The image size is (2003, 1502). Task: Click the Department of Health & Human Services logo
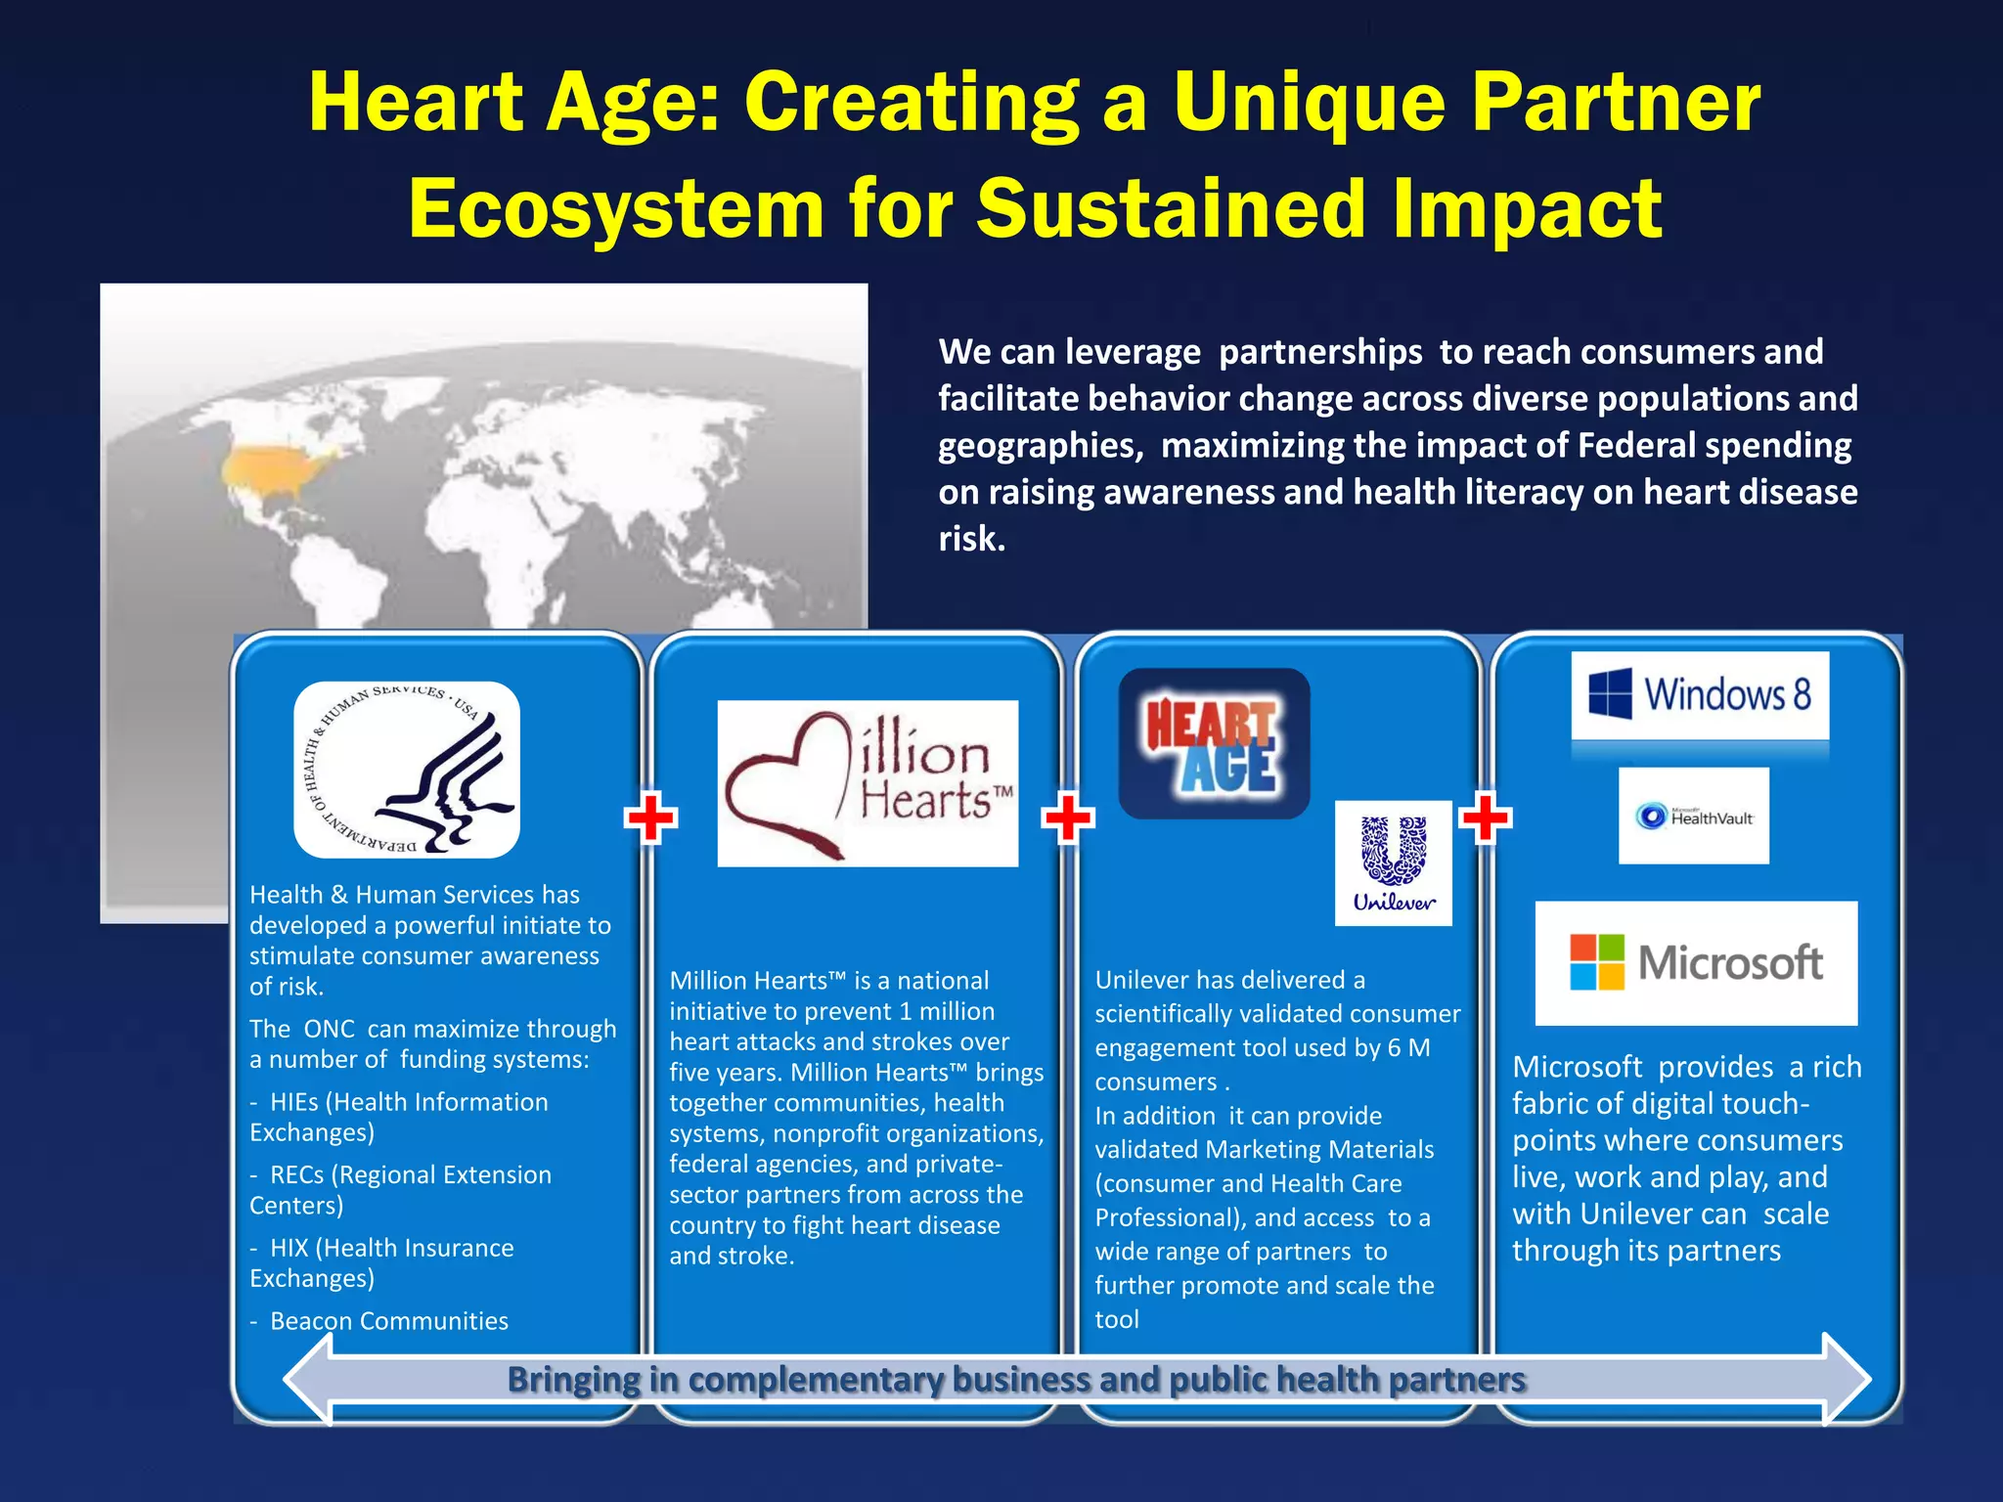coord(407,770)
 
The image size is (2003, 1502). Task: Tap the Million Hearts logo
coord(868,783)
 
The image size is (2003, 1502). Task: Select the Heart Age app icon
coord(1214,744)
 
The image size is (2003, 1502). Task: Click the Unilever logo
coord(1393,862)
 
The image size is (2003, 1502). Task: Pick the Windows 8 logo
coord(1700,695)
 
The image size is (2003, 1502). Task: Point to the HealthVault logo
coord(1693,816)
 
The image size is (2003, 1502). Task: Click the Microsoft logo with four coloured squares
coord(1696,963)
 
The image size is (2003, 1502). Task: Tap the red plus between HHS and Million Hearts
coord(650,817)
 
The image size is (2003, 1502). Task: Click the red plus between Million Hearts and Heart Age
coord(1068,817)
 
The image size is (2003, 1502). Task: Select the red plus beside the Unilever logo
coord(1485,817)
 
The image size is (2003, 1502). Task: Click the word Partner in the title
coord(1616,102)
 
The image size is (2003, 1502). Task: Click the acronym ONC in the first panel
coord(329,1029)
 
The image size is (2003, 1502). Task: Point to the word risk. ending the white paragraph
coord(971,539)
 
